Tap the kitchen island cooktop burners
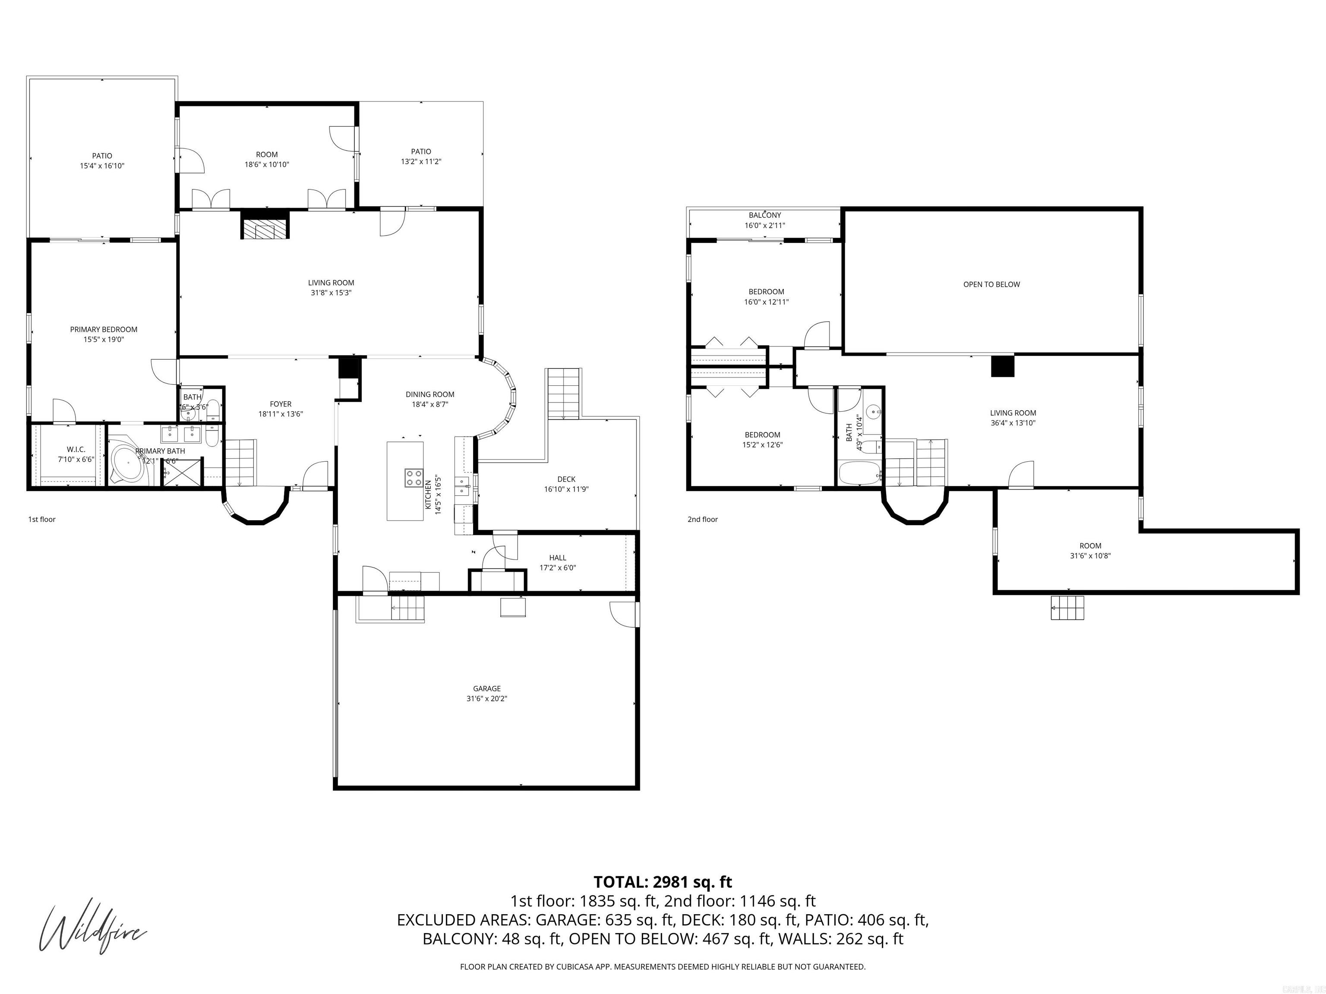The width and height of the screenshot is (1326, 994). [413, 478]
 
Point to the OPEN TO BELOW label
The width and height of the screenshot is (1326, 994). [991, 285]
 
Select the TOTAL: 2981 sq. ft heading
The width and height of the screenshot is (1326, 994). [663, 882]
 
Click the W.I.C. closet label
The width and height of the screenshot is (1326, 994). [76, 450]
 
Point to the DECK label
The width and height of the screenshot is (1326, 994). [566, 479]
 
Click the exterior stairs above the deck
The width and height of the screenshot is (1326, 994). [563, 393]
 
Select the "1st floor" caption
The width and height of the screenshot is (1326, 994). [42, 519]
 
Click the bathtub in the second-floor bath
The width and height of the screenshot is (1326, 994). [859, 473]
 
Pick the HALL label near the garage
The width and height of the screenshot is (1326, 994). [558, 558]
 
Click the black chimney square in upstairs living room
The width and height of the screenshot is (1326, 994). [1002, 366]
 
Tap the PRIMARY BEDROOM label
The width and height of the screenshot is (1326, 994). [104, 330]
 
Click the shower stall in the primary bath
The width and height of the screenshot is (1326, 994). [182, 472]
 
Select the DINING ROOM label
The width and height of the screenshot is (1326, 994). [430, 394]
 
